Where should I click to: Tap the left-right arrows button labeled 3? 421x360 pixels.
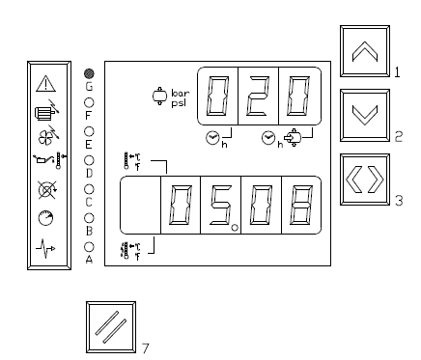[x=365, y=180]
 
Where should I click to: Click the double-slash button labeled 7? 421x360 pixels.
[x=111, y=327]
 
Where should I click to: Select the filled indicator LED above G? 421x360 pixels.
[x=89, y=73]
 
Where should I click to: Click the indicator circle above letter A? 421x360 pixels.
[x=89, y=247]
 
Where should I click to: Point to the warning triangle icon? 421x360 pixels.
[x=46, y=84]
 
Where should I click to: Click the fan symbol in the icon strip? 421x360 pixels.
[x=48, y=135]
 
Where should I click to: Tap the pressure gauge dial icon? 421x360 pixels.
[x=45, y=218]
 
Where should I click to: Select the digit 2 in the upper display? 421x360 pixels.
[x=258, y=97]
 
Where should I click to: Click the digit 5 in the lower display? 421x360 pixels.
[x=220, y=205]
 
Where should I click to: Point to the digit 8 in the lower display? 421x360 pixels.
[x=301, y=205]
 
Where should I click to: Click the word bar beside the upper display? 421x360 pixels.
[x=180, y=94]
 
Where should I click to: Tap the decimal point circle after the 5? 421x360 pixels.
[x=235, y=228]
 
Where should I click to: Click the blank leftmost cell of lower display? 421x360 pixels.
[x=140, y=205]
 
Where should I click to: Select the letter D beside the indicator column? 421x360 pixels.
[x=89, y=173]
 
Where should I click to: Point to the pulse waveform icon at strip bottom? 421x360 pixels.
[x=45, y=248]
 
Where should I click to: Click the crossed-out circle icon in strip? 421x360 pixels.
[x=47, y=189]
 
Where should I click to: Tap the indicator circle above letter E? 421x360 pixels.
[x=89, y=131]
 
